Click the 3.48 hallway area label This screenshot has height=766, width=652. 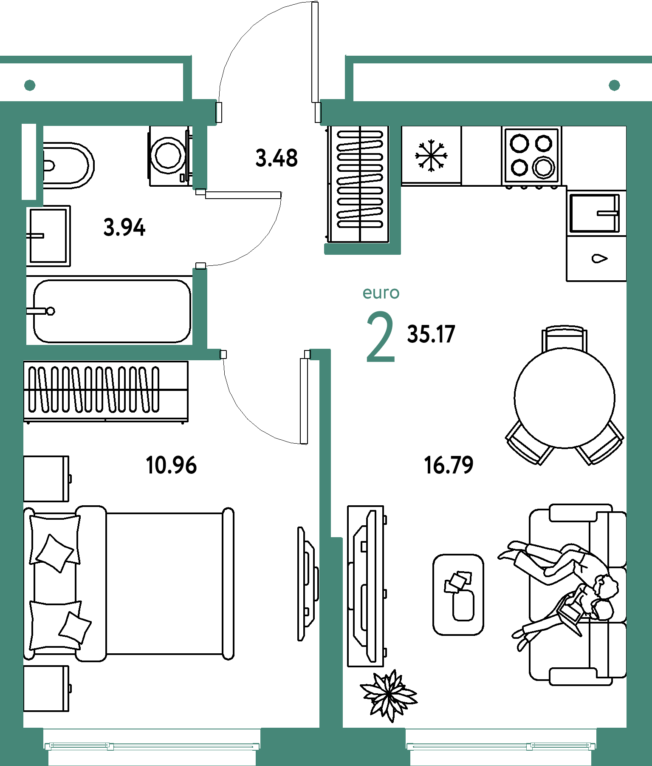(277, 158)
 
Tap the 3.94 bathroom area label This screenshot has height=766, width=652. (124, 227)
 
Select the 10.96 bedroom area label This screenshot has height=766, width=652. (171, 465)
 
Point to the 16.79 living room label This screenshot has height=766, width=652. (449, 465)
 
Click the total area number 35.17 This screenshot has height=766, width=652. (431, 334)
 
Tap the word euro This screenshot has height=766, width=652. (381, 293)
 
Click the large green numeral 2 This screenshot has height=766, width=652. (381, 337)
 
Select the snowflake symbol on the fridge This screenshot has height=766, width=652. (431, 156)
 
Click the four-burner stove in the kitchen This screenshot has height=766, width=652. (531, 156)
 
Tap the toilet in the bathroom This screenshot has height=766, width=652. (68, 165)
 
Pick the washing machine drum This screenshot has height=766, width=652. (169, 156)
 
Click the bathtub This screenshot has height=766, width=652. (112, 311)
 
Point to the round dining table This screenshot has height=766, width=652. (565, 398)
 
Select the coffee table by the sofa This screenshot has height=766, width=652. (458, 595)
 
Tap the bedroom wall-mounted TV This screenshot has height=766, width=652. (308, 584)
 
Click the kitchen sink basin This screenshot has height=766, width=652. (594, 213)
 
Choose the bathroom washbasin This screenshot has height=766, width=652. (48, 236)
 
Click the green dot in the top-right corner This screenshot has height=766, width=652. (614, 85)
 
